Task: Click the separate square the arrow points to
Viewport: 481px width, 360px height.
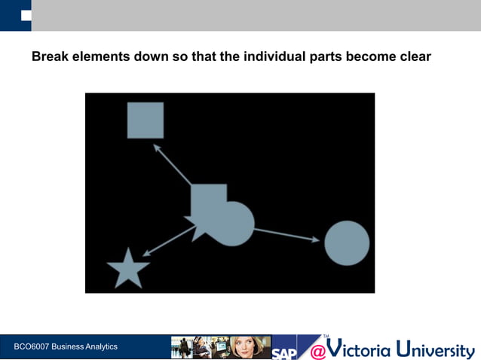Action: (146, 121)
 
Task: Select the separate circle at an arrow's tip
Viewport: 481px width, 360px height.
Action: (347, 243)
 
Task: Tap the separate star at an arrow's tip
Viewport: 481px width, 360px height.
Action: (128, 270)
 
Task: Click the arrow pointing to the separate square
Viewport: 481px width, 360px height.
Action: (172, 164)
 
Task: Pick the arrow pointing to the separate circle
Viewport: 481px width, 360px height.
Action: (286, 235)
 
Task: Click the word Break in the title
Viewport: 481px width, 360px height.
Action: (51, 56)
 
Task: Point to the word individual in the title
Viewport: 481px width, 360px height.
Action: (274, 56)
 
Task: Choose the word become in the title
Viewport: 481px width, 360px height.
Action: (369, 56)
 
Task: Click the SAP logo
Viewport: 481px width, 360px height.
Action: (284, 351)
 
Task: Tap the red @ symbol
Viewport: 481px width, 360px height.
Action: (318, 351)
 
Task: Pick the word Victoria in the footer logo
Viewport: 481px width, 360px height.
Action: (360, 349)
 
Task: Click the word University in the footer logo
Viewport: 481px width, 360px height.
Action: (437, 350)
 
